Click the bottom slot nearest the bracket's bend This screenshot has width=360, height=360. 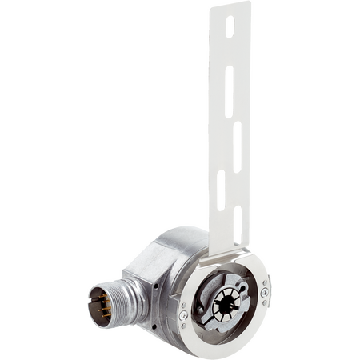(238, 218)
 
